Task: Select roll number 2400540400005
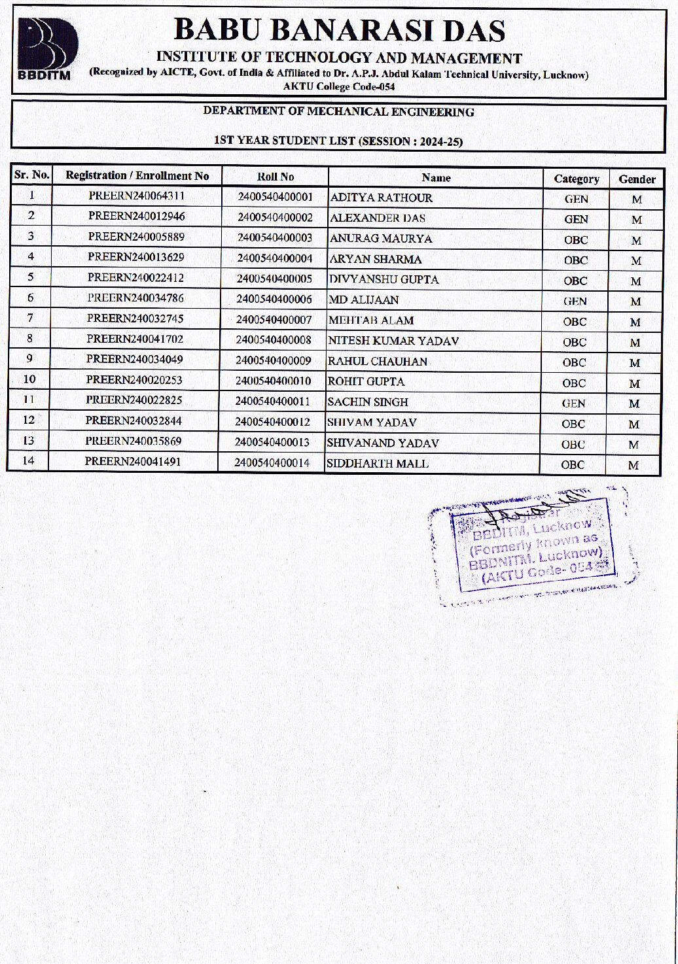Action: [x=275, y=279]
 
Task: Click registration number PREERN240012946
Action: [x=137, y=216]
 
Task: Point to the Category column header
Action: [x=576, y=179]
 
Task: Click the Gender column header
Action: [x=637, y=179]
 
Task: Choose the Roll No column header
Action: [x=276, y=177]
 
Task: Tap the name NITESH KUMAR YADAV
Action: [x=393, y=341]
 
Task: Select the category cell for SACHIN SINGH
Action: [x=573, y=404]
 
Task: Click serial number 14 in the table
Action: [x=28, y=460]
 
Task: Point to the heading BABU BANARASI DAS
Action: [x=340, y=31]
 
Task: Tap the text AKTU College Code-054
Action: [x=339, y=86]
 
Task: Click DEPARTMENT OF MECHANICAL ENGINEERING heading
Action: [x=338, y=112]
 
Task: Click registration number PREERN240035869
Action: [x=134, y=441]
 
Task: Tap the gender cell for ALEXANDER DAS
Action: [x=636, y=220]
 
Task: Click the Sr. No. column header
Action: [x=32, y=175]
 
